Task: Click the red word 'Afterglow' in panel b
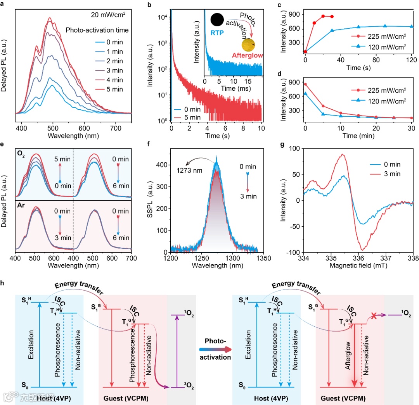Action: click(x=248, y=55)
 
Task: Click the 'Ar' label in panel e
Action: click(x=21, y=203)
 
